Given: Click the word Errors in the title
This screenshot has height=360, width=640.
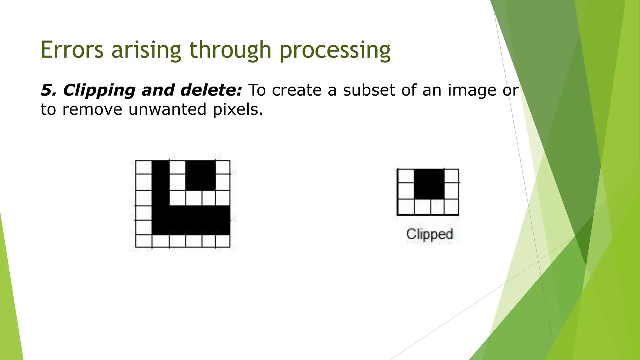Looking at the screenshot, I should coord(72,50).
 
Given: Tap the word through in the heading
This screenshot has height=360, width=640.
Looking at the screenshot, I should coord(230,51).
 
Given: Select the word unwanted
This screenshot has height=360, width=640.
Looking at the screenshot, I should coord(167,109).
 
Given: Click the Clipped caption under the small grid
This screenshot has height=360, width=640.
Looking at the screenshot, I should coord(429,234).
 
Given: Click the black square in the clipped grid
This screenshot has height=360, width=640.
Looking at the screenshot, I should coord(429,184).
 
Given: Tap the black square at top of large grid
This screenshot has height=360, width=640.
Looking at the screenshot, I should coord(200,175).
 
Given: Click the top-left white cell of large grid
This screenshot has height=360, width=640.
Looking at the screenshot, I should coord(144,167).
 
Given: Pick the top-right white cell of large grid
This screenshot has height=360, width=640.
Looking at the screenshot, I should coord(222,167).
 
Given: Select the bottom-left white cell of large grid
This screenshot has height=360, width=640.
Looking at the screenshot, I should coord(144,241).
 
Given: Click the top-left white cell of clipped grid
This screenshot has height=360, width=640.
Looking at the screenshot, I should coord(406,176).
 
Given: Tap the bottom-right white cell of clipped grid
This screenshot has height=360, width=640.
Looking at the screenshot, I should coord(451,207).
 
